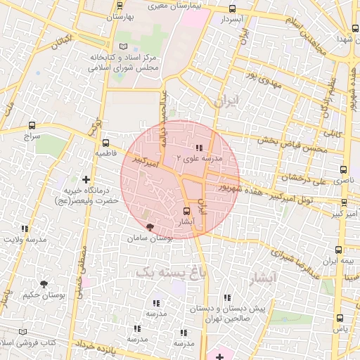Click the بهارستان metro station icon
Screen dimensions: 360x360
pyautogui.click(x=117, y=16)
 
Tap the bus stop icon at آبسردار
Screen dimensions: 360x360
pyautogui.click(x=233, y=9)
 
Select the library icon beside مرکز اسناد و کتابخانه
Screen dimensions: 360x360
pyautogui.click(x=124, y=46)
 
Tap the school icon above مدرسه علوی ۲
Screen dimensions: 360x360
pyautogui.click(x=199, y=148)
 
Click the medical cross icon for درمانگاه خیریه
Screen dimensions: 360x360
pyautogui.click(x=86, y=180)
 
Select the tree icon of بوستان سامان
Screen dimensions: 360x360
pyautogui.click(x=149, y=227)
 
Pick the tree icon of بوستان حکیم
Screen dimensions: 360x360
pyautogui.click(x=44, y=284)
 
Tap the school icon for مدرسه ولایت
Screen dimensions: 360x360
pyautogui.click(x=25, y=229)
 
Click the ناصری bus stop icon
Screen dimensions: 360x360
pyautogui.click(x=343, y=169)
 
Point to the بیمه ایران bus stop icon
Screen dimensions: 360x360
pyautogui.click(x=339, y=250)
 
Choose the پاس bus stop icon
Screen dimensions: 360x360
pyautogui.click(x=341, y=318)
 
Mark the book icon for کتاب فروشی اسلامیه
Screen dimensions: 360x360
pyautogui.click(x=24, y=331)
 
